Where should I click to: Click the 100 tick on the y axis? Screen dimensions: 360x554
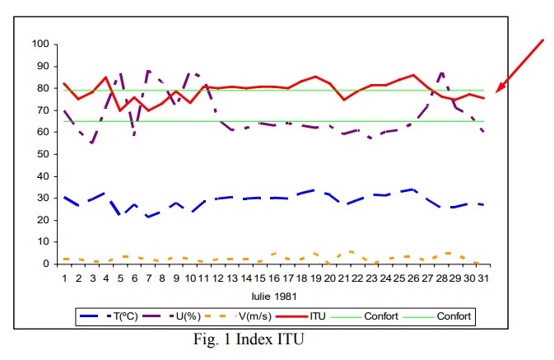pos(39,44)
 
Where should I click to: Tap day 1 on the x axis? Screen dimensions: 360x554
pos(64,278)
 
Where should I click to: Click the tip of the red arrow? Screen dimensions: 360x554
pos(496,91)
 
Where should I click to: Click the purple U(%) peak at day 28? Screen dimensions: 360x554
pos(441,72)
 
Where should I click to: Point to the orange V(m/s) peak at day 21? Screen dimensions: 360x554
pos(350,251)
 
